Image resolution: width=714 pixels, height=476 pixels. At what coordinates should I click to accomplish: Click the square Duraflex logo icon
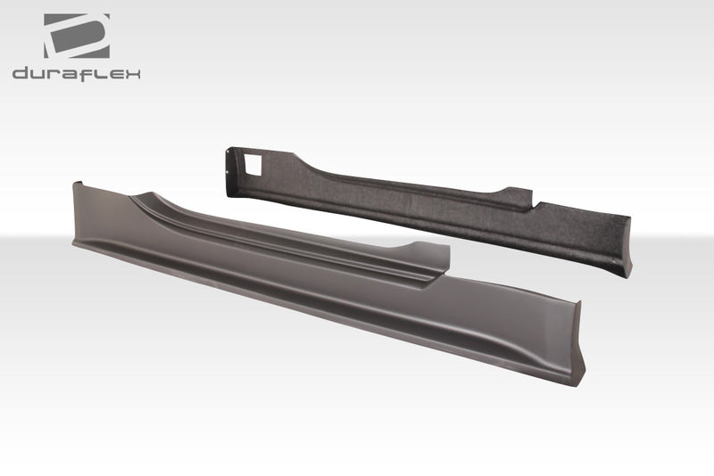(x=76, y=36)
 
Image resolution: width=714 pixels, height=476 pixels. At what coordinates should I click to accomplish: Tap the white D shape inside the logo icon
(x=79, y=36)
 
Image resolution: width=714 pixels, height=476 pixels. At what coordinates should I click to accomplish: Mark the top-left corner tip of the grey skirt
(x=76, y=184)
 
